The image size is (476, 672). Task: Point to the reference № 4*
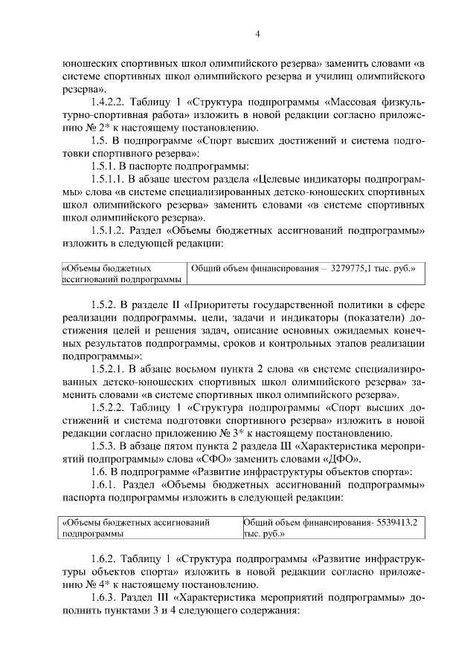click(x=77, y=585)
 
